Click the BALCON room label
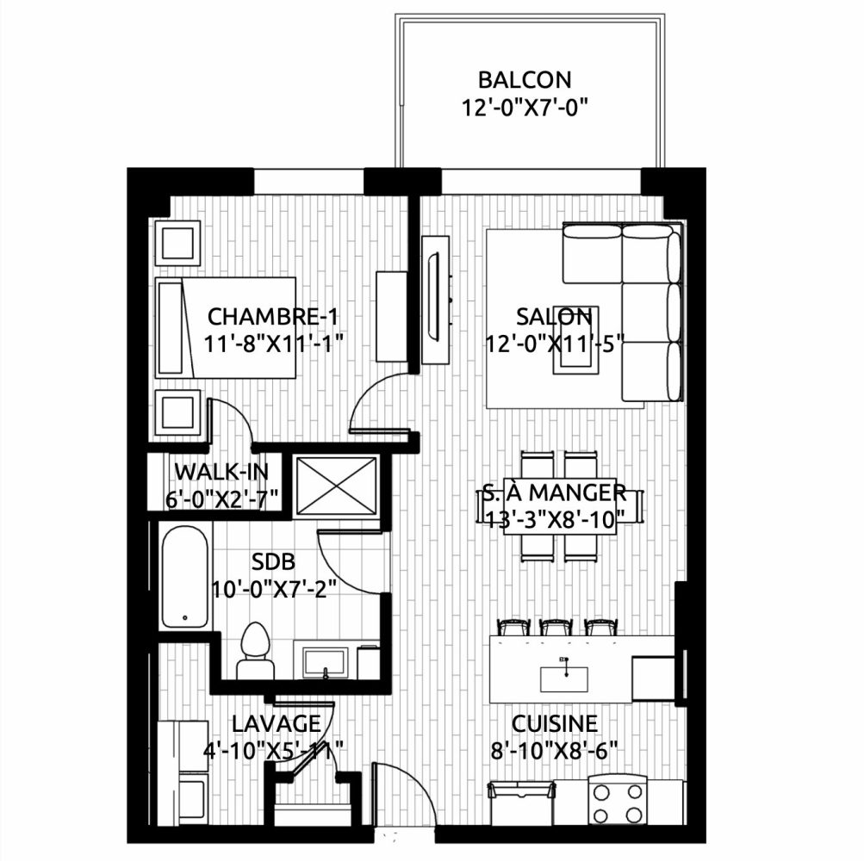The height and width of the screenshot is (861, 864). coord(524,80)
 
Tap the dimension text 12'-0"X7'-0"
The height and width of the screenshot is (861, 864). coord(524,107)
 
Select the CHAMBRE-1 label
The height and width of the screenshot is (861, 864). coord(273,317)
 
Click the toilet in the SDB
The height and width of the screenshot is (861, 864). coord(255,651)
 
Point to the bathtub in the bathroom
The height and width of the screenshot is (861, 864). coord(184,576)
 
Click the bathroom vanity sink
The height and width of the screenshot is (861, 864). coord(326,663)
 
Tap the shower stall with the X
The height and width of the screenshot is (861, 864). coord(336,486)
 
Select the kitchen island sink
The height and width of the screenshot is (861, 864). coord(563,678)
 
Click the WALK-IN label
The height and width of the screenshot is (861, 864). coord(221,472)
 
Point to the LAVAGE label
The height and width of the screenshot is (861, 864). coord(276,724)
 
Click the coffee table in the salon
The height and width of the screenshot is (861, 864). coord(575,340)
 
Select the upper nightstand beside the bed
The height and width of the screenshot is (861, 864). coord(177,243)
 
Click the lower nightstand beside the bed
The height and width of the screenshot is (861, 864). coord(177,412)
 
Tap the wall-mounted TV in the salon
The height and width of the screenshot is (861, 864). coord(435,300)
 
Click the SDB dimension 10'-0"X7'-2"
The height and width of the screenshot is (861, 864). coord(274,589)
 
